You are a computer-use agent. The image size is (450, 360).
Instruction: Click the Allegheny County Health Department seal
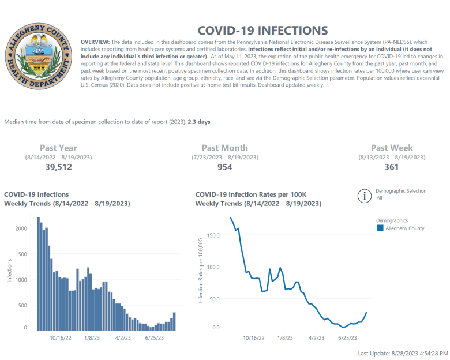37,60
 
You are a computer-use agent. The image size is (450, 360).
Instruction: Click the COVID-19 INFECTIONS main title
262,31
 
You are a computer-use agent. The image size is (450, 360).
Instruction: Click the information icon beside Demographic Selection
364,196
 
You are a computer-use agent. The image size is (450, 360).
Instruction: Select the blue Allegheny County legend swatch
380,228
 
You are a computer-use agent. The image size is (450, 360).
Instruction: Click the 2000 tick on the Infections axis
21,228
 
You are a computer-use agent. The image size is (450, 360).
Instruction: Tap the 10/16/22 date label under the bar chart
61,339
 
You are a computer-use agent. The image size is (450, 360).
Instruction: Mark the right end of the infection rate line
366,313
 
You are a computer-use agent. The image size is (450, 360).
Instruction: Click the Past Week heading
392,148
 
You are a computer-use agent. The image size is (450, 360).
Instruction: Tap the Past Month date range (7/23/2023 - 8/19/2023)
224,157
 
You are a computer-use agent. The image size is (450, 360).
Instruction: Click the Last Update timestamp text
403,352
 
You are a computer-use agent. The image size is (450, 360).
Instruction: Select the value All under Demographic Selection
379,198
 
